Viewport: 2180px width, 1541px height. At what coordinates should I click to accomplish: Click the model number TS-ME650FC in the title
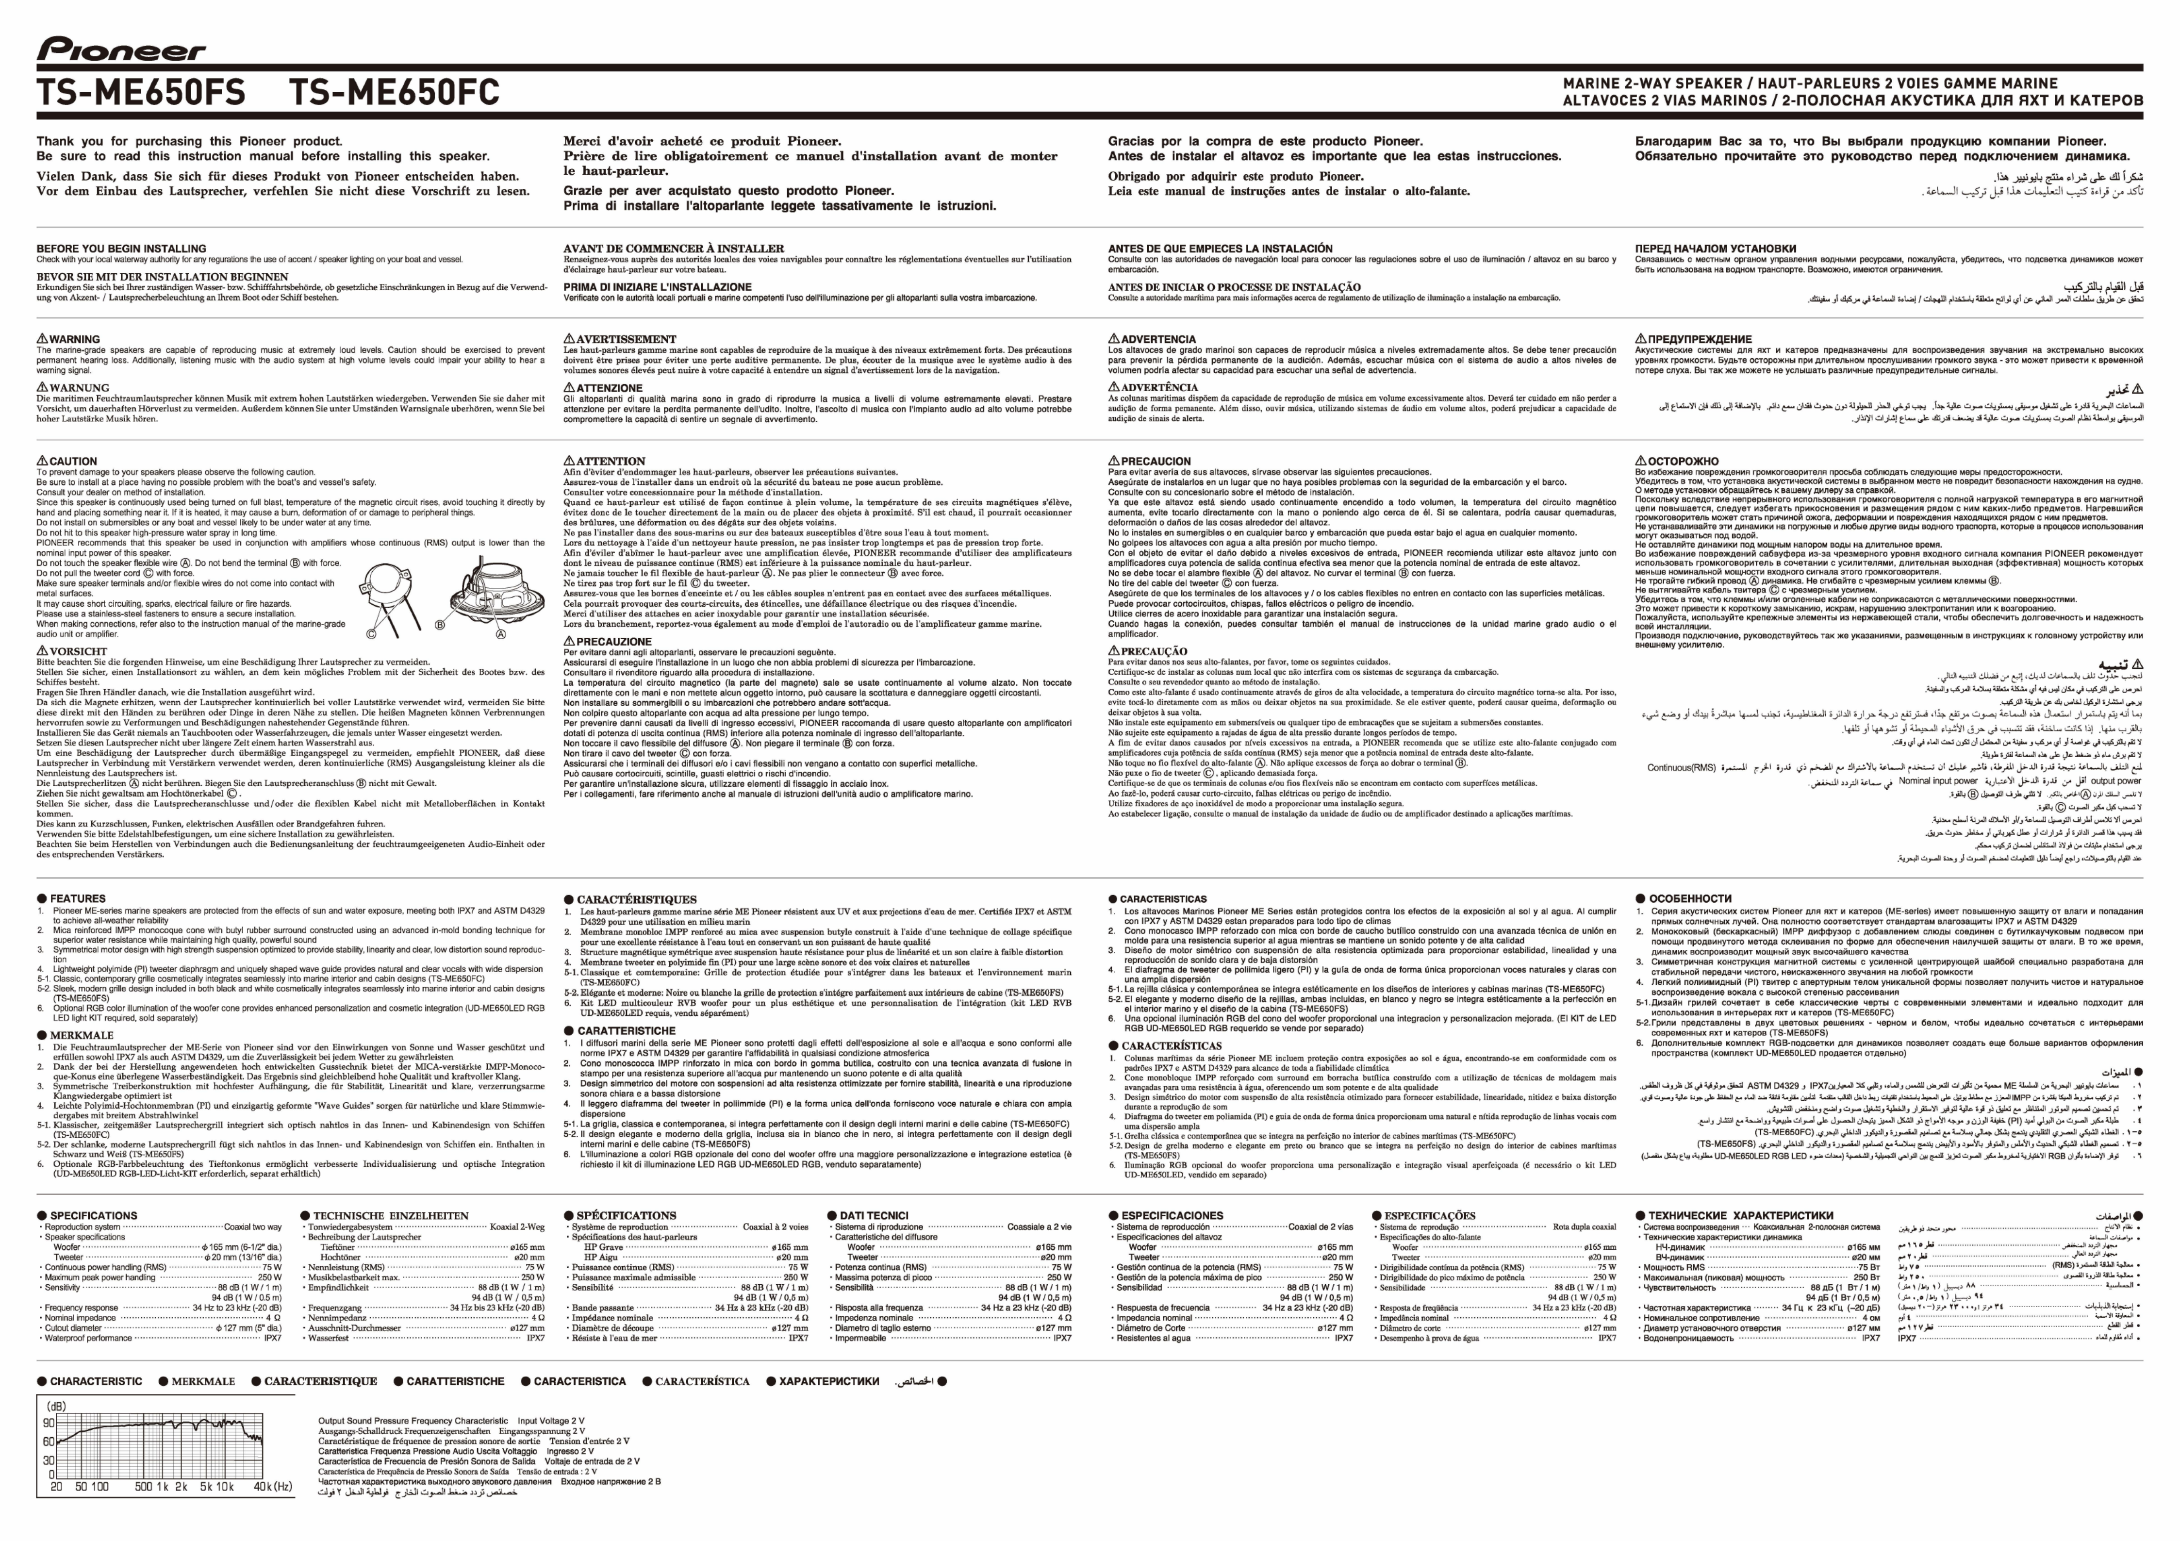click(x=394, y=93)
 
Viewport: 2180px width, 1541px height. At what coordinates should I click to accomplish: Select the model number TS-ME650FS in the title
click(x=141, y=93)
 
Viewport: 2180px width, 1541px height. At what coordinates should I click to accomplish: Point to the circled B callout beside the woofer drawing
click(x=440, y=625)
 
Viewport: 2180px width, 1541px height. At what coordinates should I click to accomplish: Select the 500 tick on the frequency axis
click(x=143, y=1487)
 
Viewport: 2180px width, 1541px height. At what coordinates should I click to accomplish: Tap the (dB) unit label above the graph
click(x=57, y=1406)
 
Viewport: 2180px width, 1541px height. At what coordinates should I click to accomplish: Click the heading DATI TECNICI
click(x=874, y=1215)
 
